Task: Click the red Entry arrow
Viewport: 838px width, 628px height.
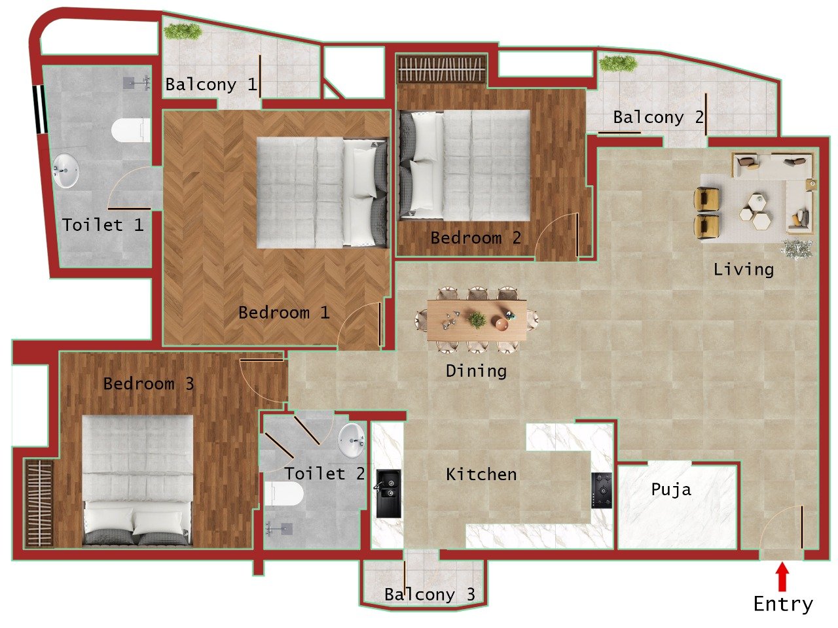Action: click(x=782, y=578)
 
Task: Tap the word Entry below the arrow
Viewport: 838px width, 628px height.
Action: click(x=783, y=604)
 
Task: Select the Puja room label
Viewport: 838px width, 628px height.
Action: click(x=671, y=490)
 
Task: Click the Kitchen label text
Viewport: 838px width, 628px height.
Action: click(x=481, y=474)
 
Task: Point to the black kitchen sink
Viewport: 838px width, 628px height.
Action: click(x=388, y=493)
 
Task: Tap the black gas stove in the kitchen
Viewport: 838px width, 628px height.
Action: click(x=602, y=490)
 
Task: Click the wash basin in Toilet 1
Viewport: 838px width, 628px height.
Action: click(x=65, y=170)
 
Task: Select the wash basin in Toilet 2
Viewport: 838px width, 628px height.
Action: click(x=352, y=439)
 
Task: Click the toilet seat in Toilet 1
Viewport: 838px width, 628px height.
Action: click(x=131, y=130)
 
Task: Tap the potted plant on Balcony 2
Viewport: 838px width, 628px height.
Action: click(x=618, y=63)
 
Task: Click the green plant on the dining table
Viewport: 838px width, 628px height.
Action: click(x=477, y=320)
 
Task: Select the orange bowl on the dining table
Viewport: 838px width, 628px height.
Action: click(x=501, y=324)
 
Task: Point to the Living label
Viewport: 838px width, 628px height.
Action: click(x=744, y=270)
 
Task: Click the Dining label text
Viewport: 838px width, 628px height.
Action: click(x=476, y=371)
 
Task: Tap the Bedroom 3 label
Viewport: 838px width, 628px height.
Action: click(x=149, y=384)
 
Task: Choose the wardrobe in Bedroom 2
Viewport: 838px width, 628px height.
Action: click(x=442, y=69)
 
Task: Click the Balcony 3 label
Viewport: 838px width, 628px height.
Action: click(x=429, y=595)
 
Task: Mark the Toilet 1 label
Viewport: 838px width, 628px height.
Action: click(x=103, y=225)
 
